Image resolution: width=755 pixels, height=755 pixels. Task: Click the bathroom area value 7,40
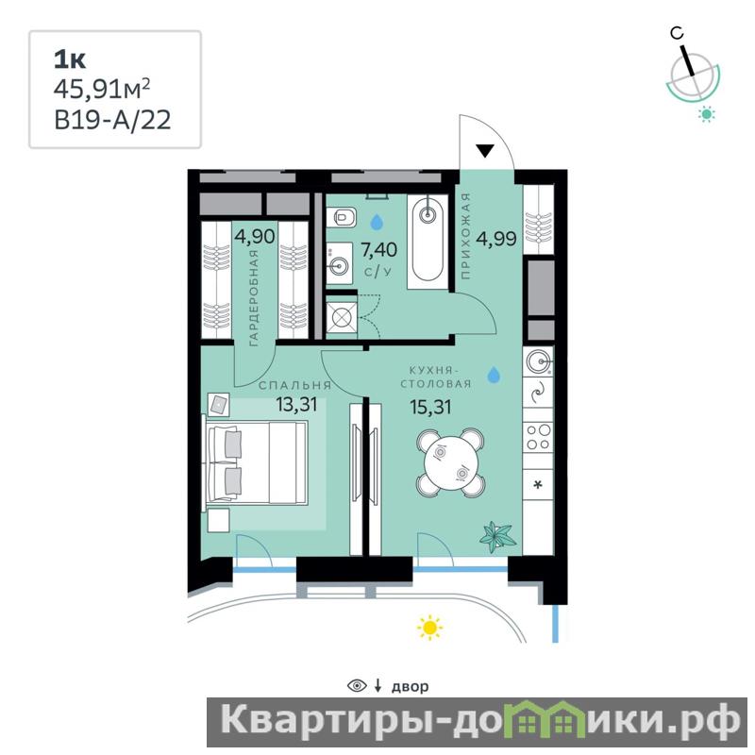click(x=379, y=249)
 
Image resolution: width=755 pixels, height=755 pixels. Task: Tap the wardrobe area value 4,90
click(x=255, y=236)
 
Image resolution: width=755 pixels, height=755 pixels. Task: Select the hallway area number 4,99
click(x=496, y=239)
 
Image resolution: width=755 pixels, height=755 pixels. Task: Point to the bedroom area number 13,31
click(x=296, y=405)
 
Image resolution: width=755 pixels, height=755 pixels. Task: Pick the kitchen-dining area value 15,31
click(x=430, y=408)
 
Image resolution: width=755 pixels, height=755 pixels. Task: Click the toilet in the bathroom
click(x=341, y=217)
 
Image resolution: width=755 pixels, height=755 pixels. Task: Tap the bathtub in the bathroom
click(x=428, y=242)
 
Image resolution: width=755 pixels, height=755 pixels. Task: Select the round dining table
click(x=450, y=462)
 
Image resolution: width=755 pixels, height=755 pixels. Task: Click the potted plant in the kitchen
click(x=495, y=536)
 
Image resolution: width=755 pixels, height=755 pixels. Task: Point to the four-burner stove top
click(x=538, y=436)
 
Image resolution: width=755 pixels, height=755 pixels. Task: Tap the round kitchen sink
click(x=538, y=361)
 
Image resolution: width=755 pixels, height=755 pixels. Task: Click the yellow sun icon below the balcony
click(x=429, y=628)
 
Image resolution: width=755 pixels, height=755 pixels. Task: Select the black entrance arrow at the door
click(x=485, y=151)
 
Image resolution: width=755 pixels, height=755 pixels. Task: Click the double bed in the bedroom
click(x=257, y=463)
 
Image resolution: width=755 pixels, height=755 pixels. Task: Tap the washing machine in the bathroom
click(x=342, y=317)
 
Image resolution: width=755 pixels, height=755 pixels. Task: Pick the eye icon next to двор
click(x=357, y=685)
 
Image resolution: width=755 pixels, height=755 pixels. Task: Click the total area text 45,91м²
click(x=102, y=89)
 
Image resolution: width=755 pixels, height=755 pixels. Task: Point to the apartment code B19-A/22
click(x=112, y=120)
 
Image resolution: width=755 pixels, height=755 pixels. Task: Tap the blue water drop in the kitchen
click(x=495, y=374)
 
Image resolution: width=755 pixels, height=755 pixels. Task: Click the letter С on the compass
click(x=677, y=33)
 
